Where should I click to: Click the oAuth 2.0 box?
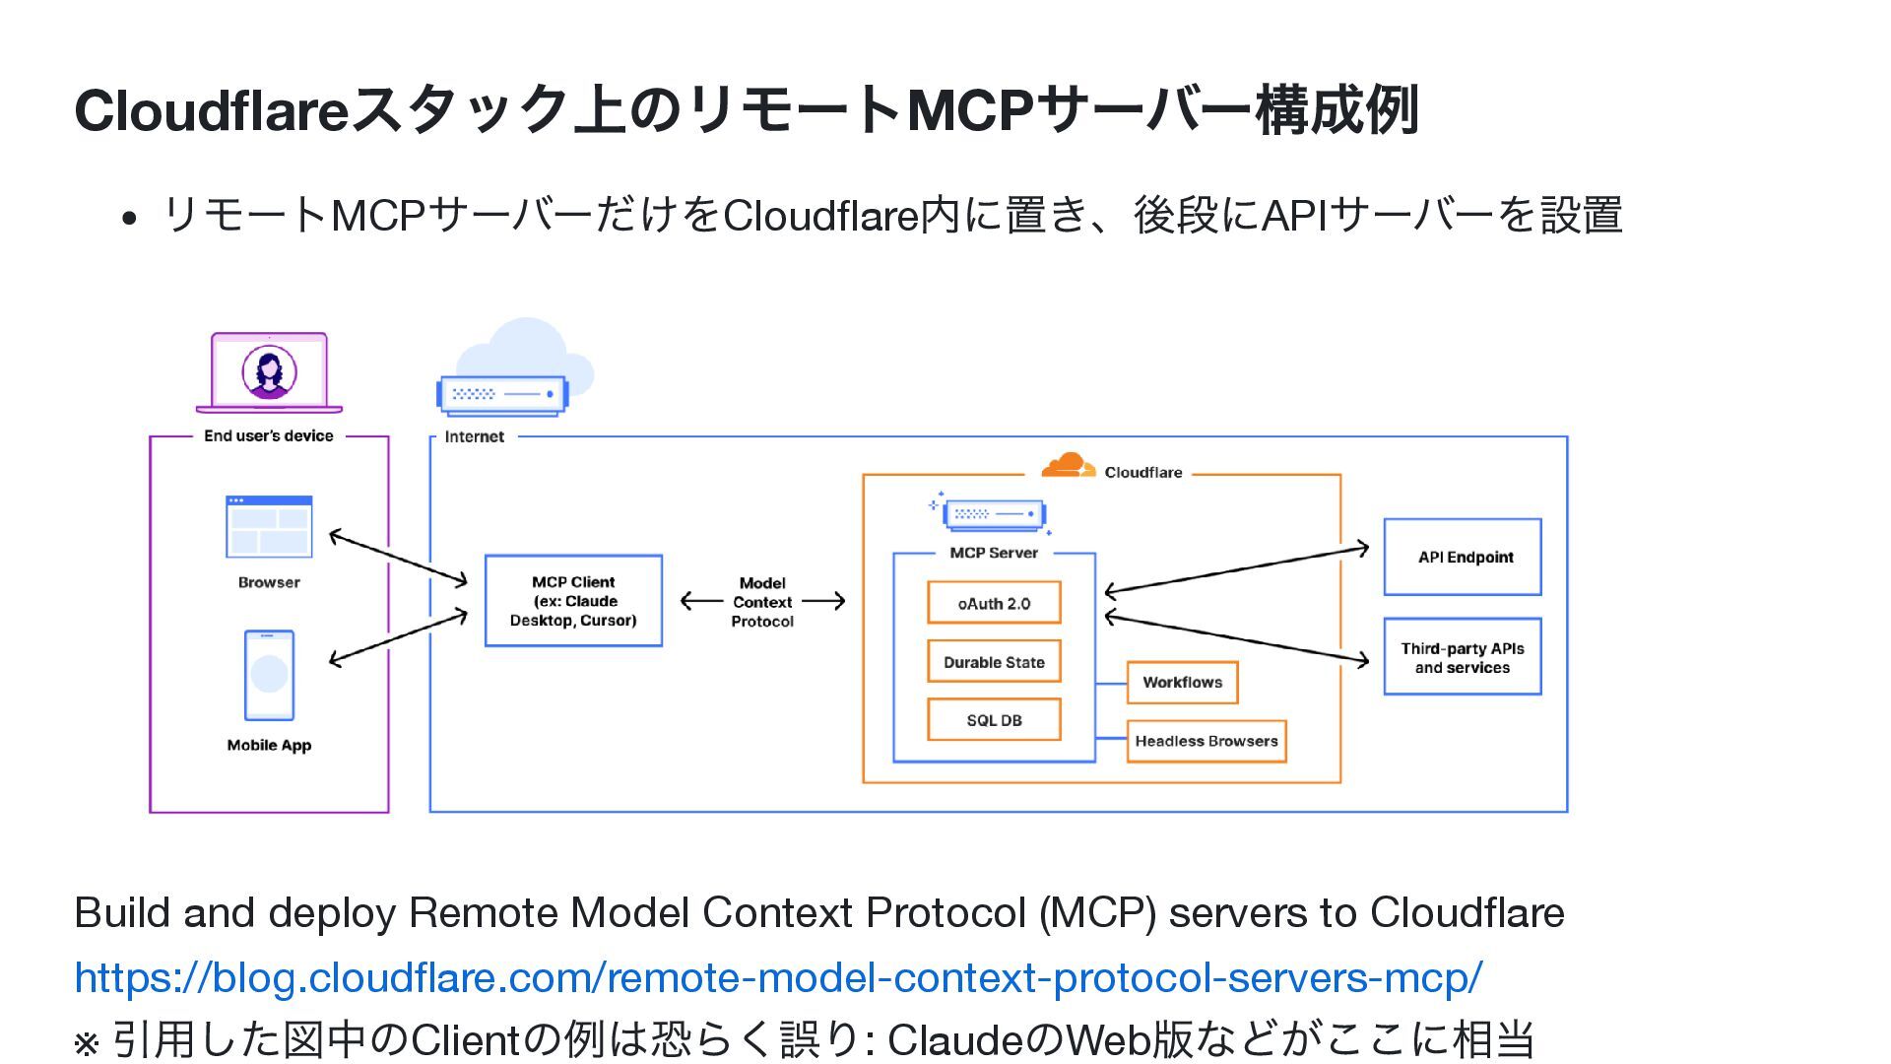994,603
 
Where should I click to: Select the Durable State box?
994,662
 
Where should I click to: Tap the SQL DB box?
994,720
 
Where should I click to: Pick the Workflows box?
1182,682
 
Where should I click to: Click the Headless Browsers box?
1206,741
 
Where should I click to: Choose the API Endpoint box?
1463,557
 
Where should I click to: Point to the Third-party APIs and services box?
1463,657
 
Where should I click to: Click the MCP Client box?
573,601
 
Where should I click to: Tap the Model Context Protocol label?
762,602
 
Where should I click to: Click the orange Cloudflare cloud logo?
1068,465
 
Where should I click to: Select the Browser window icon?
269,526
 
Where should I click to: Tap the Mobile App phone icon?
269,676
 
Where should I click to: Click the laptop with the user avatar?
269,373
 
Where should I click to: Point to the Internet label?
474,436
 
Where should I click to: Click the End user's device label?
268,435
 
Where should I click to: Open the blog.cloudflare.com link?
778,977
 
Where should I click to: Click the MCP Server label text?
993,553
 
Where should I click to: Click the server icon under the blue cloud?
502,395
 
